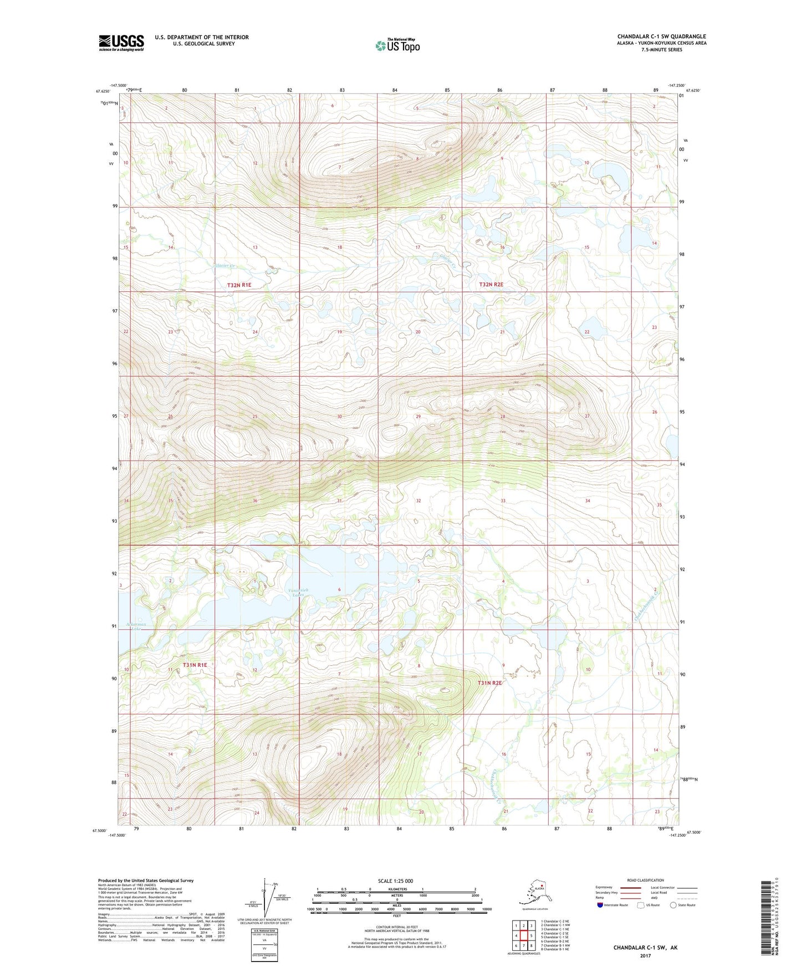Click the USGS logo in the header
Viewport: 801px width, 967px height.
pyautogui.click(x=121, y=43)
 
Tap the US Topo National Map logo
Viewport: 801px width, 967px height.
pyautogui.click(x=397, y=45)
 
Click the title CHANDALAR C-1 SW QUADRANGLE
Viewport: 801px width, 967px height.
pyautogui.click(x=661, y=37)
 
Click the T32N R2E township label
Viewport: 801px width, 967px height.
pyautogui.click(x=491, y=284)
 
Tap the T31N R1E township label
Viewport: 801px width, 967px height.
pyautogui.click(x=195, y=665)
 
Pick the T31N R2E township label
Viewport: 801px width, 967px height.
pyautogui.click(x=489, y=683)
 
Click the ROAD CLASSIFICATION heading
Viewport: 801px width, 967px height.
pyautogui.click(x=645, y=880)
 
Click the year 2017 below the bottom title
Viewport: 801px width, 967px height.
pyautogui.click(x=645, y=956)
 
